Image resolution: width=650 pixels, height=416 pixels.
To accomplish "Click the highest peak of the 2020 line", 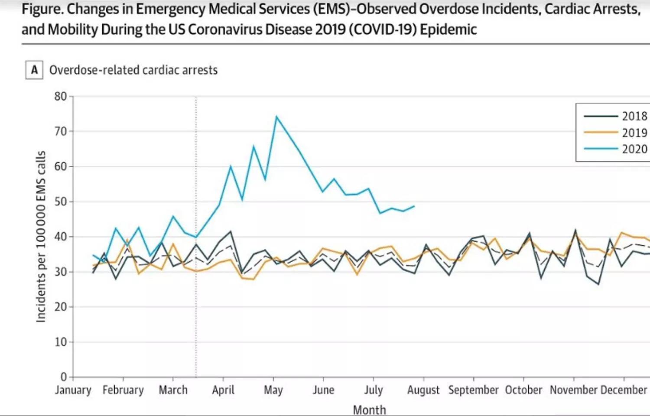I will [x=276, y=116].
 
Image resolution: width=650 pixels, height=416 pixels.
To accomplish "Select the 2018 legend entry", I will [x=615, y=116].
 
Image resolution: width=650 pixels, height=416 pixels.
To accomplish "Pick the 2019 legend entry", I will [x=615, y=133].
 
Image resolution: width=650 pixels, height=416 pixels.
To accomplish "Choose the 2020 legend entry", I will [x=615, y=149].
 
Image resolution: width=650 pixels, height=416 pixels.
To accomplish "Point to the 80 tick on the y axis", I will [x=61, y=96].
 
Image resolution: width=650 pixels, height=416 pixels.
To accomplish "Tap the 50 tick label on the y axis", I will [x=61, y=201].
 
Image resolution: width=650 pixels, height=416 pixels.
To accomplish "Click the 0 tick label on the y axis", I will [x=64, y=377].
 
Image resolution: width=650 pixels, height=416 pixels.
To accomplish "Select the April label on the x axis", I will [x=223, y=390].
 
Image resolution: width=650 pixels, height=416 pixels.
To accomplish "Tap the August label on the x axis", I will [x=423, y=390].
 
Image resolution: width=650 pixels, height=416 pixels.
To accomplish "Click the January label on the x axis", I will [x=73, y=390].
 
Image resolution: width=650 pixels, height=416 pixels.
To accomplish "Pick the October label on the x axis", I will [x=523, y=390].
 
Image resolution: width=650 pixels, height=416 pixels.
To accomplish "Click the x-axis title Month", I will [x=369, y=409].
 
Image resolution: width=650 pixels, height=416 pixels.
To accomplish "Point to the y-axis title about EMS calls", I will [x=41, y=236].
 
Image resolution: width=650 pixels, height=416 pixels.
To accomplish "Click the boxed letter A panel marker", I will [x=34, y=70].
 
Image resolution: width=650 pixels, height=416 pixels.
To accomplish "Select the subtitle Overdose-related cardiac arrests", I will [x=133, y=70].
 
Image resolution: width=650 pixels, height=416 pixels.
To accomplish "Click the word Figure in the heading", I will [x=42, y=10].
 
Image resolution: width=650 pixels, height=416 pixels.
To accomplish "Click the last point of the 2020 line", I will [x=414, y=206].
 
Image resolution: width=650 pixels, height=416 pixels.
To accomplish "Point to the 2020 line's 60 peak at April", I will [x=231, y=166].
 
